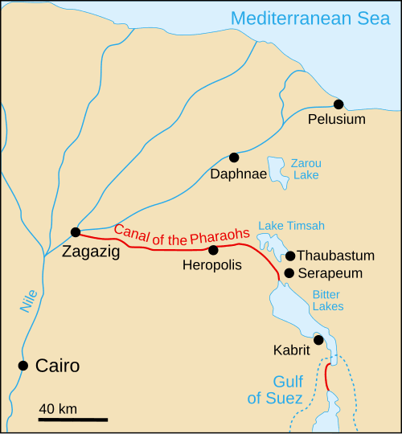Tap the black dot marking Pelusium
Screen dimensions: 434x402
click(338, 104)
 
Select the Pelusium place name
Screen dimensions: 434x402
click(337, 120)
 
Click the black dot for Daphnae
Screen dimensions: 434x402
click(234, 158)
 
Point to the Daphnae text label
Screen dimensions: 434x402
click(234, 174)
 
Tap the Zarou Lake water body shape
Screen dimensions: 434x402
click(277, 170)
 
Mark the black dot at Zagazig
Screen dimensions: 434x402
click(75, 232)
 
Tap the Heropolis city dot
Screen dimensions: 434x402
click(213, 250)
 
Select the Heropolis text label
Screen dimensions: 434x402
click(212, 265)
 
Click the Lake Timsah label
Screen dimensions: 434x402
click(291, 226)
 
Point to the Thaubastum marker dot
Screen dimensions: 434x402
click(290, 256)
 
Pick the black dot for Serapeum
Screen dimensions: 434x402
click(289, 273)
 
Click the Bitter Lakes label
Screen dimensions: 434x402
click(327, 300)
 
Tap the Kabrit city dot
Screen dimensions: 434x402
click(318, 340)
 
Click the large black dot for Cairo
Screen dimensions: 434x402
click(23, 366)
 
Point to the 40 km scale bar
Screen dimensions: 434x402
click(73, 419)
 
